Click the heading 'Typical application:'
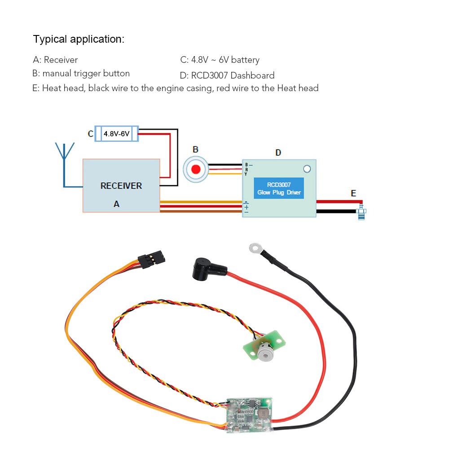click(79, 39)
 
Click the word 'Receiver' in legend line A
click(61, 60)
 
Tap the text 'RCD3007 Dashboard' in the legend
click(233, 75)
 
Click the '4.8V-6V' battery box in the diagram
click(116, 134)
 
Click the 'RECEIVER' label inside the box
click(121, 185)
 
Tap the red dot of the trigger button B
click(196, 170)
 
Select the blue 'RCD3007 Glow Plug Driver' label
click(278, 189)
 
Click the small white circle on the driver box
click(307, 169)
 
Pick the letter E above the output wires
click(353, 193)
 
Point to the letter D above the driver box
click(278, 153)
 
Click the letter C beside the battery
click(91, 134)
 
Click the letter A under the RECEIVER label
click(116, 204)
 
